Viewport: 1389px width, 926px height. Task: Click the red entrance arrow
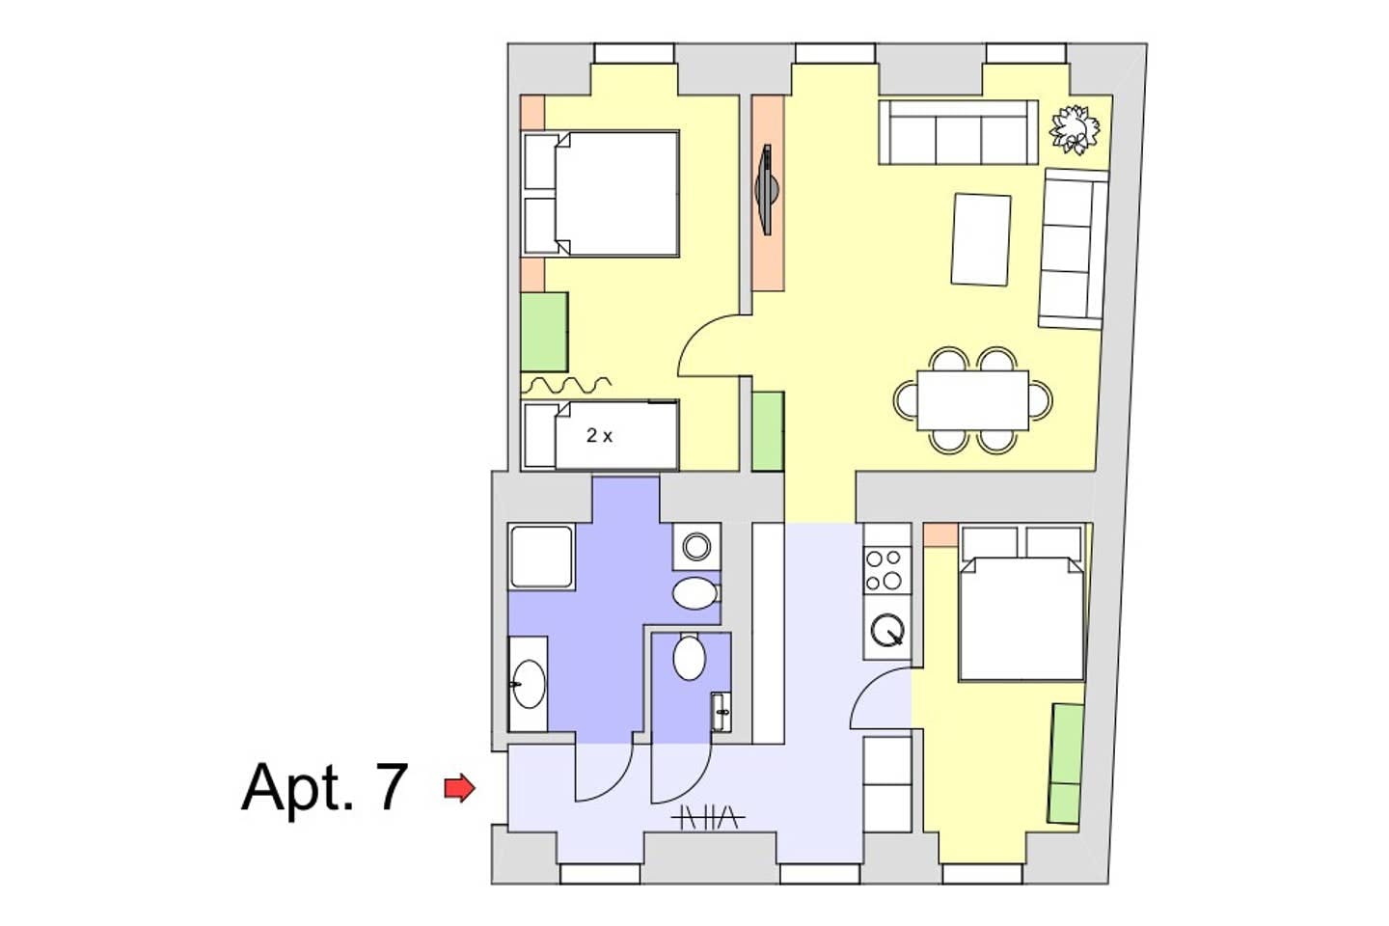coord(459,788)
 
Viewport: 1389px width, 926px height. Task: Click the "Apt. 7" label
coord(325,788)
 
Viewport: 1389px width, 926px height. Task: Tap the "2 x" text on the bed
coord(599,435)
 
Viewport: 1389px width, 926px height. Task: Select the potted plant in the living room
coord(1074,129)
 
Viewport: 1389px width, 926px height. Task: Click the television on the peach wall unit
coord(767,190)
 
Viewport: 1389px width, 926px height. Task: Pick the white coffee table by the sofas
coord(981,240)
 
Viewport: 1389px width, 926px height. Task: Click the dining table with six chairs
coord(973,400)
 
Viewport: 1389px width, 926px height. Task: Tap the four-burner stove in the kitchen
coord(886,570)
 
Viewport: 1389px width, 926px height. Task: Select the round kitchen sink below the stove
coord(887,630)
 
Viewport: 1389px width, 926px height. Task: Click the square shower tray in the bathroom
coord(541,556)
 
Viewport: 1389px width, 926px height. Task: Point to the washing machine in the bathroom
coord(696,546)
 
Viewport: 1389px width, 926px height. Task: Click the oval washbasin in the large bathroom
coord(529,684)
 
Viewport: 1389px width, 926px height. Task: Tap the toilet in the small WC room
coord(689,657)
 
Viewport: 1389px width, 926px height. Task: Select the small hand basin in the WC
coord(721,712)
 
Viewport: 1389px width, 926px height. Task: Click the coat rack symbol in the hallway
coord(709,817)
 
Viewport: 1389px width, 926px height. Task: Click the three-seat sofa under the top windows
coord(958,132)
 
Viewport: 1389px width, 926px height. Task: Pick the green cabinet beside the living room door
coord(768,431)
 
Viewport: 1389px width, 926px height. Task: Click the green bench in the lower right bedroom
coord(1067,764)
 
